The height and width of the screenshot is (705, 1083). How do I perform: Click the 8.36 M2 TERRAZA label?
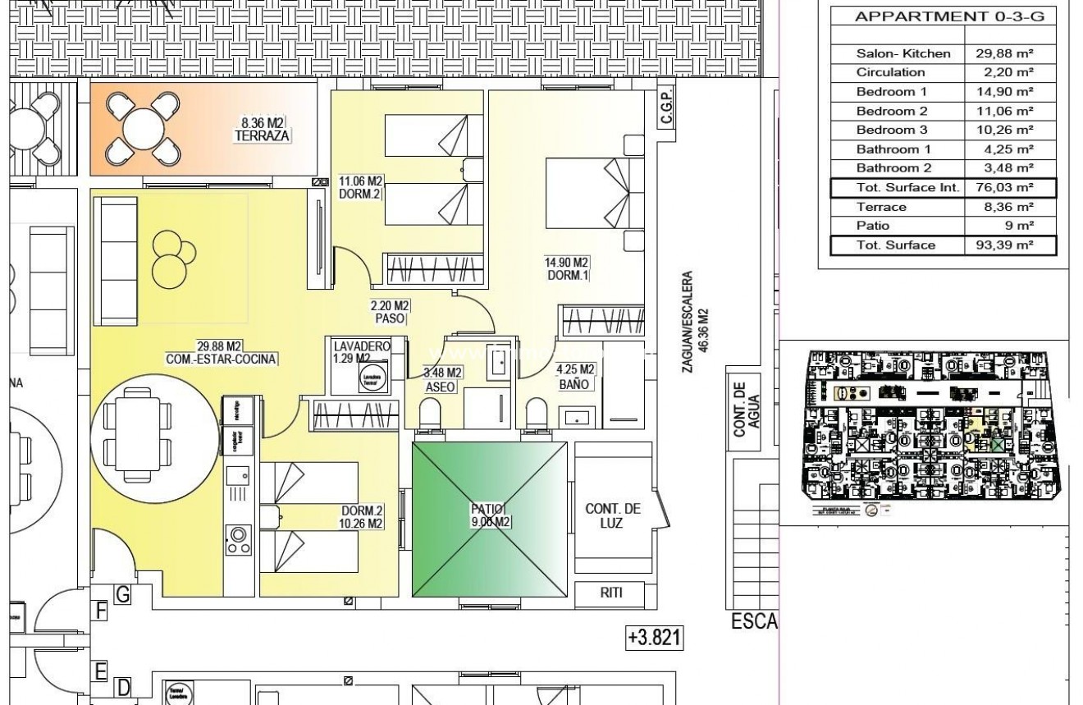point(262,130)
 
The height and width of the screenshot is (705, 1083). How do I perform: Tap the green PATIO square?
point(489,520)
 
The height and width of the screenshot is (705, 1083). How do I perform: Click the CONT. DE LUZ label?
point(613,515)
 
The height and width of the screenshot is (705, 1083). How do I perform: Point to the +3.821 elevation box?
point(655,638)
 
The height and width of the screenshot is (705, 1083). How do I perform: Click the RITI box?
point(611,593)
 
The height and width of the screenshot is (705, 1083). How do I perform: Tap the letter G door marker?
point(123,595)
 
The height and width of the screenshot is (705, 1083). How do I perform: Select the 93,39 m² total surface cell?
point(1008,245)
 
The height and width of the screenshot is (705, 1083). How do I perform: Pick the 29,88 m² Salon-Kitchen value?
point(1008,53)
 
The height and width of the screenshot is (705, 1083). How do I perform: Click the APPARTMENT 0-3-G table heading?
point(944,16)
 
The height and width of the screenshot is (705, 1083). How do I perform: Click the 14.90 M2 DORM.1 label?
point(567,268)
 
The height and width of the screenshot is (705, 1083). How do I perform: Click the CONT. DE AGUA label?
point(745,410)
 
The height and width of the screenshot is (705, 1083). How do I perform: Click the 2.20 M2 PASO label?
point(389,312)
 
